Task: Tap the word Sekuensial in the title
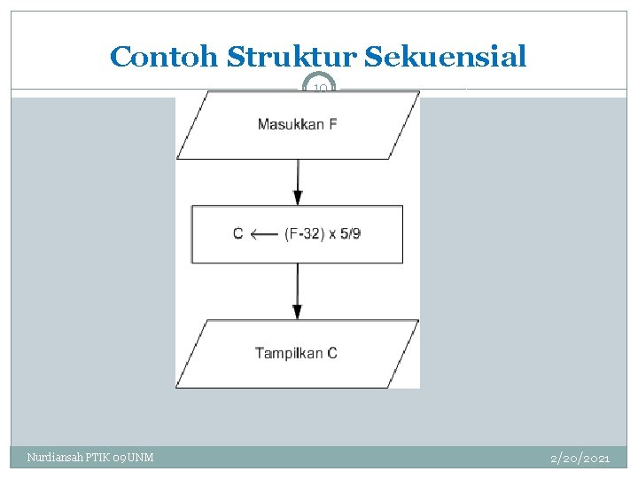point(446,57)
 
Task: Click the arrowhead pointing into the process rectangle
point(298,197)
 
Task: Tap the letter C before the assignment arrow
point(238,234)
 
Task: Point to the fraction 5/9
point(351,234)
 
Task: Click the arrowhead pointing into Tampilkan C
point(298,312)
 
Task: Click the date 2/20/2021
point(580,459)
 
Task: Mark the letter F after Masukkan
point(332,124)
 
